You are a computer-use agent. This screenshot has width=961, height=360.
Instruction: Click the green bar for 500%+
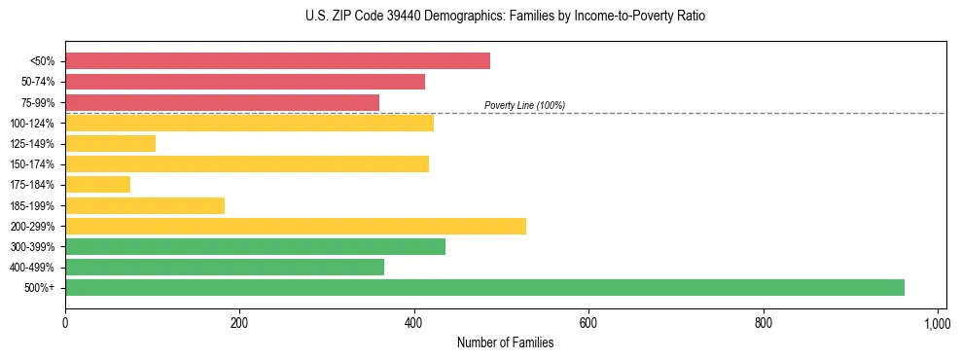(x=484, y=287)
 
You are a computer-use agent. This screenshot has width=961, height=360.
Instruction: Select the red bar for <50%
(x=277, y=61)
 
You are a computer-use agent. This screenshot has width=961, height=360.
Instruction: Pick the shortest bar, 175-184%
(x=97, y=185)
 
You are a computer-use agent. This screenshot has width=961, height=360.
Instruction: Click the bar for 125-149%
(x=110, y=143)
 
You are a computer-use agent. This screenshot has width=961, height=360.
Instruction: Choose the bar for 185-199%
(x=145, y=205)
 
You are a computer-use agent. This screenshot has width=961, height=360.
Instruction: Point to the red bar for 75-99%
(x=222, y=102)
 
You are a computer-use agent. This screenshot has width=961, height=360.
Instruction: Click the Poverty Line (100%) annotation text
(x=524, y=105)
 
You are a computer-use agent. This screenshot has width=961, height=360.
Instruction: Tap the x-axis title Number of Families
(x=506, y=342)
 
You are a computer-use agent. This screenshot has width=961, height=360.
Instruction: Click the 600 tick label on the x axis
(x=588, y=323)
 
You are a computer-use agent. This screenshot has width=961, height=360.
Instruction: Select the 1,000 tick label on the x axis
(x=937, y=323)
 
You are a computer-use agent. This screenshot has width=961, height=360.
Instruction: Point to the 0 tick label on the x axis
(x=65, y=323)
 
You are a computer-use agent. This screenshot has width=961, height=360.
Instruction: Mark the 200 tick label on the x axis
(x=239, y=323)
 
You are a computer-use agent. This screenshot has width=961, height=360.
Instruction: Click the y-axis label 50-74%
(x=37, y=82)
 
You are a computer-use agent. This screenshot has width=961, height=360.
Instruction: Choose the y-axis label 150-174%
(x=34, y=164)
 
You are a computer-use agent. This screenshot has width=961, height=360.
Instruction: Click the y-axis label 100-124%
(x=34, y=123)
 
